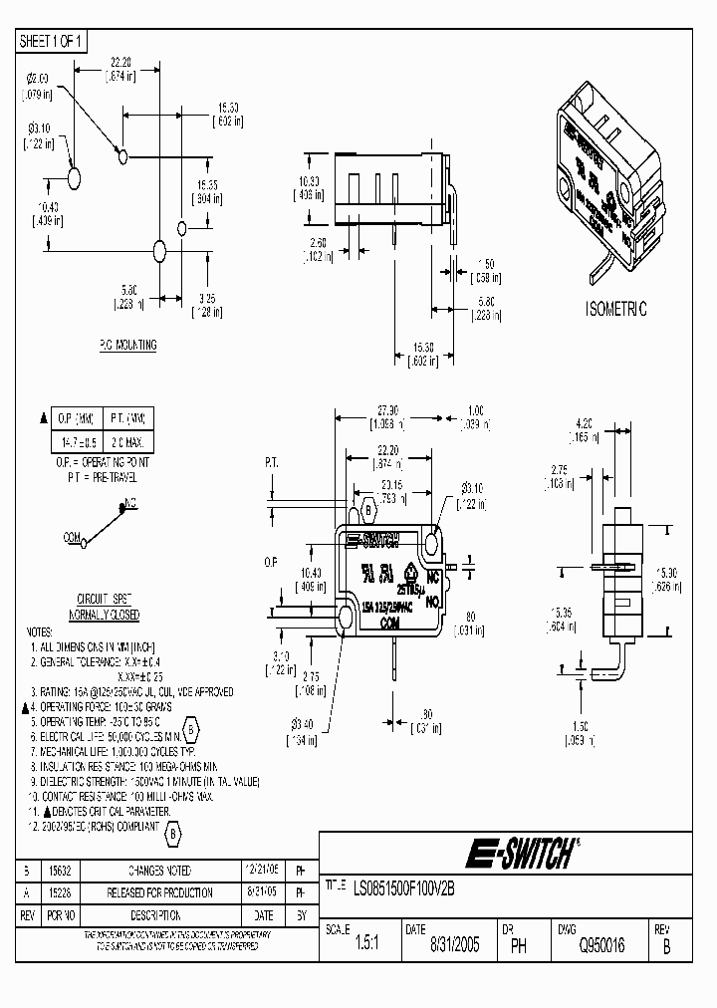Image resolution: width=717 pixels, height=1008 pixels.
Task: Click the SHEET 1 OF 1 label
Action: click(53, 41)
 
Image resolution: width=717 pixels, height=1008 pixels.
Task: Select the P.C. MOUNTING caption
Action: click(126, 345)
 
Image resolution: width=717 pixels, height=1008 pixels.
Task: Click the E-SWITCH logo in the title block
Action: click(521, 854)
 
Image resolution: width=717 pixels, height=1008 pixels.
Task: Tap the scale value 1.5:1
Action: click(366, 945)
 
